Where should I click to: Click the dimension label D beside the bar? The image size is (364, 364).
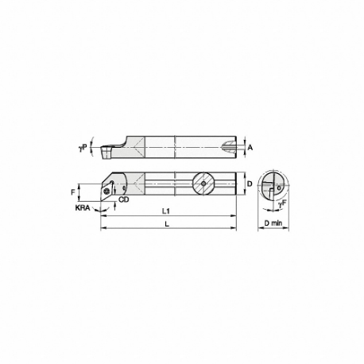point(249,184)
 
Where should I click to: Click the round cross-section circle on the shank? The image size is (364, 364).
point(203,184)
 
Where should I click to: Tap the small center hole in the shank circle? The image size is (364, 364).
point(203,184)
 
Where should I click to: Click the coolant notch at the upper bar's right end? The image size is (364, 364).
point(231,147)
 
